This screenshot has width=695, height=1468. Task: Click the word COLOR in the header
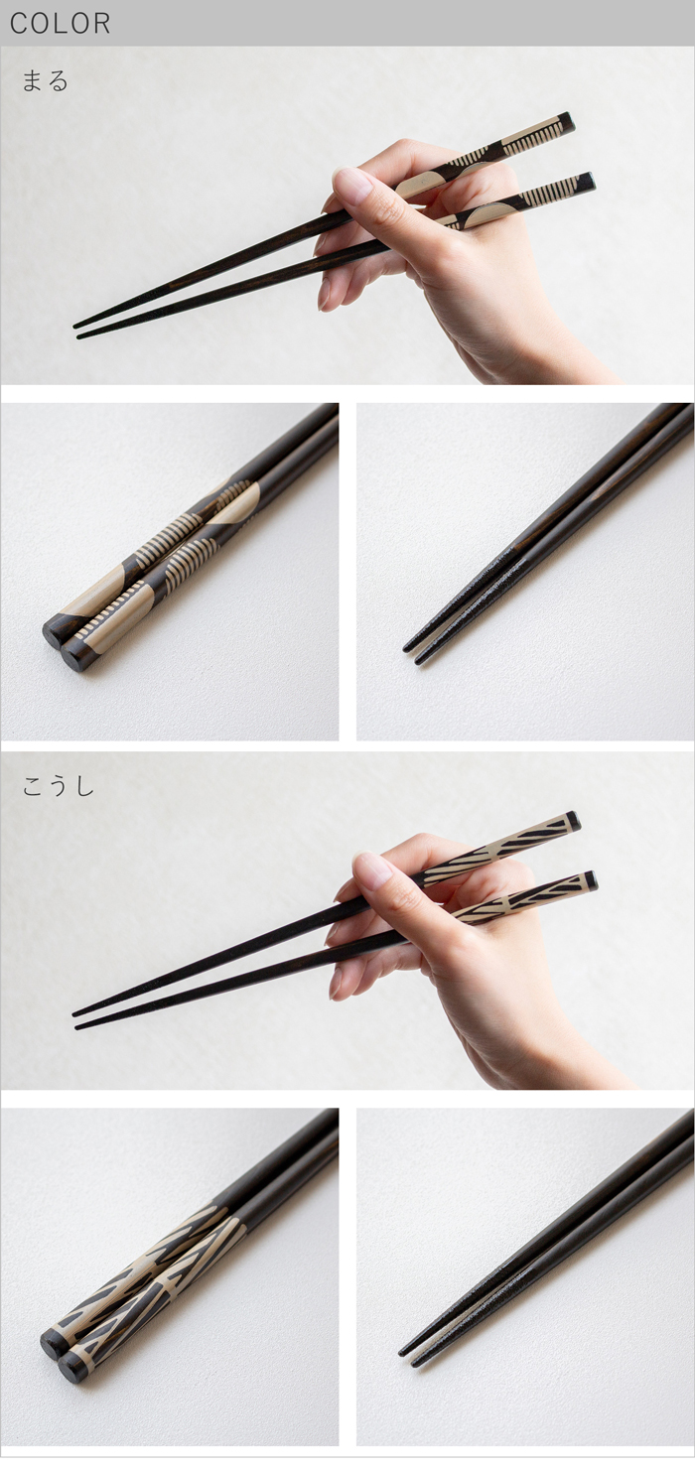(x=60, y=24)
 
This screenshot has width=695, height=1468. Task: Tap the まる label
(x=45, y=80)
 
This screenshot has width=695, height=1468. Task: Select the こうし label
(x=58, y=785)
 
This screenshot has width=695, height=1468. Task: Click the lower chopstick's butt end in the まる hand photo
(x=590, y=182)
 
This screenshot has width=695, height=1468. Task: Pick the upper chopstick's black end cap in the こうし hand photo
(x=574, y=821)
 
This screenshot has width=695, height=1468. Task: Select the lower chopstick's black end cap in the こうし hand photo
(x=591, y=879)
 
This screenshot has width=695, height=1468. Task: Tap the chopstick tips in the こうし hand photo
(x=77, y=1020)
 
